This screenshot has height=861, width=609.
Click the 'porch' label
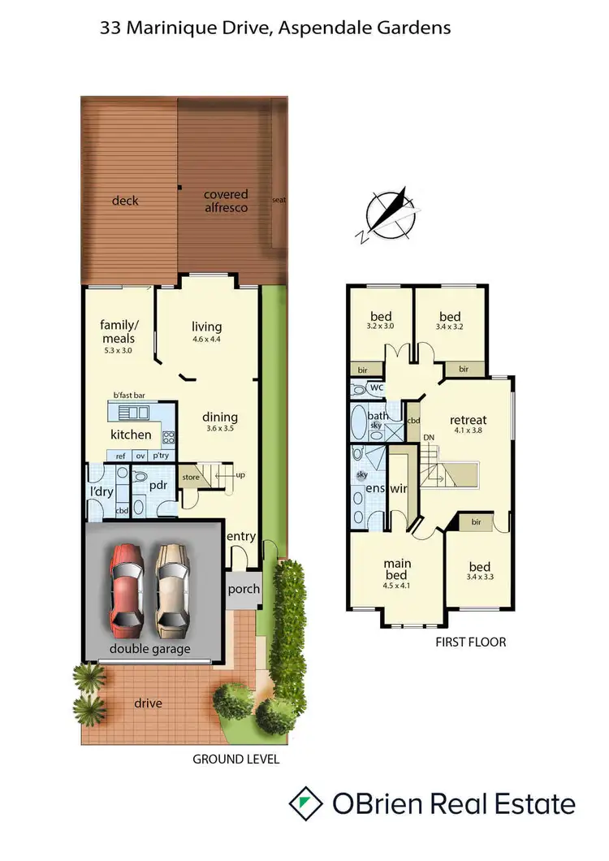click(x=243, y=589)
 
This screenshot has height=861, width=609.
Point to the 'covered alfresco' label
click(x=226, y=201)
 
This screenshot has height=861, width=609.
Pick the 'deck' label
click(x=125, y=201)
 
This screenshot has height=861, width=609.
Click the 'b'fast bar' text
click(x=129, y=395)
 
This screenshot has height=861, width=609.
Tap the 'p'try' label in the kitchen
click(x=161, y=456)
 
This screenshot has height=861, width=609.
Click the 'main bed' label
click(x=396, y=569)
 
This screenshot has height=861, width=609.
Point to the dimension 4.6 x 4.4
click(x=207, y=339)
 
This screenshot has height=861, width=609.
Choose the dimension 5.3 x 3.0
click(x=118, y=350)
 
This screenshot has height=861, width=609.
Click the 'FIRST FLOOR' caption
click(x=471, y=642)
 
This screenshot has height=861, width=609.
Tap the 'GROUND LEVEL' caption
click(x=235, y=759)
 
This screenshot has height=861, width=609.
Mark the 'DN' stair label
click(x=429, y=438)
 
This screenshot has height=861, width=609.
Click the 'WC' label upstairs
click(x=375, y=387)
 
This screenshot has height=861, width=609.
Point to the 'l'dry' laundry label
click(x=102, y=492)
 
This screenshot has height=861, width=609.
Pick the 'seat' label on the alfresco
click(x=279, y=200)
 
